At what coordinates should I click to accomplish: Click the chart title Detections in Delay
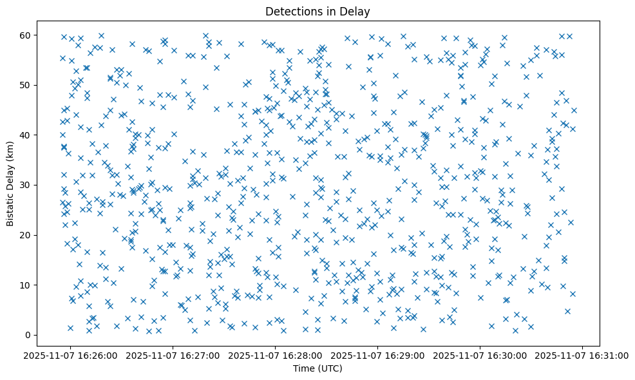[x=317, y=11]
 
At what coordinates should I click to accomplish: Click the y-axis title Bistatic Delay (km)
[x=11, y=185]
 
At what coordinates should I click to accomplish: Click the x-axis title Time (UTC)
[x=317, y=368]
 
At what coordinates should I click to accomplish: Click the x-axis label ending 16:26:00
[x=71, y=355]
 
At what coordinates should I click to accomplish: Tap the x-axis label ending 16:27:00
[x=173, y=355]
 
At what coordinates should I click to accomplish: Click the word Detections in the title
[x=293, y=11]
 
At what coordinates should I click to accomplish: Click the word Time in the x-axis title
[x=303, y=368]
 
